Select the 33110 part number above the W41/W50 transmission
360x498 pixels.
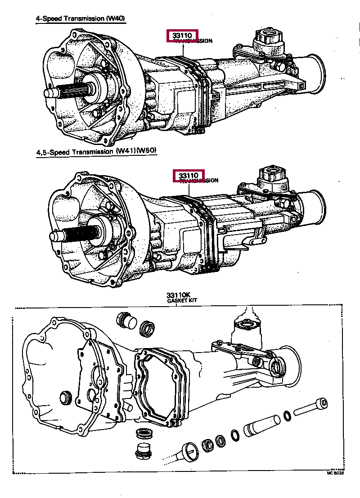[189, 175]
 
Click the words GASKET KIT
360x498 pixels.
[181, 300]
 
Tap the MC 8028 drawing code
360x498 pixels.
[335, 474]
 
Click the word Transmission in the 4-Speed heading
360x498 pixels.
[85, 19]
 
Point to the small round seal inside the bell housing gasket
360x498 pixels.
[66, 398]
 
